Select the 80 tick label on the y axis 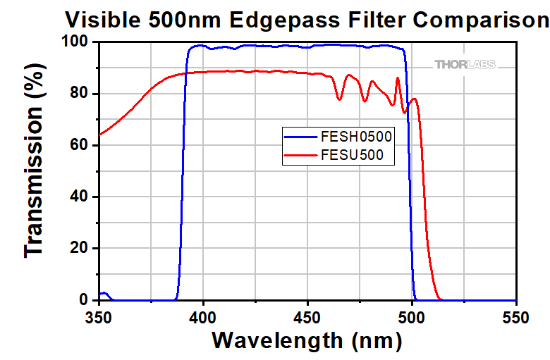pyautogui.click(x=81, y=94)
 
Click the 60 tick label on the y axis pyautogui.click(x=81, y=145)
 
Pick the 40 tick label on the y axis pyautogui.click(x=81, y=197)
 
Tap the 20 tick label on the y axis pyautogui.click(x=81, y=248)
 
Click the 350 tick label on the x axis pyautogui.click(x=99, y=318)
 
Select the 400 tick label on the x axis pyautogui.click(x=204, y=318)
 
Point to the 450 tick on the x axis pyautogui.click(x=308, y=318)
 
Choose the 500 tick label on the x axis pyautogui.click(x=412, y=318)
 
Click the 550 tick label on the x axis pyautogui.click(x=517, y=318)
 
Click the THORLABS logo pyautogui.click(x=465, y=65)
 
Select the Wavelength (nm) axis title pyautogui.click(x=307, y=341)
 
